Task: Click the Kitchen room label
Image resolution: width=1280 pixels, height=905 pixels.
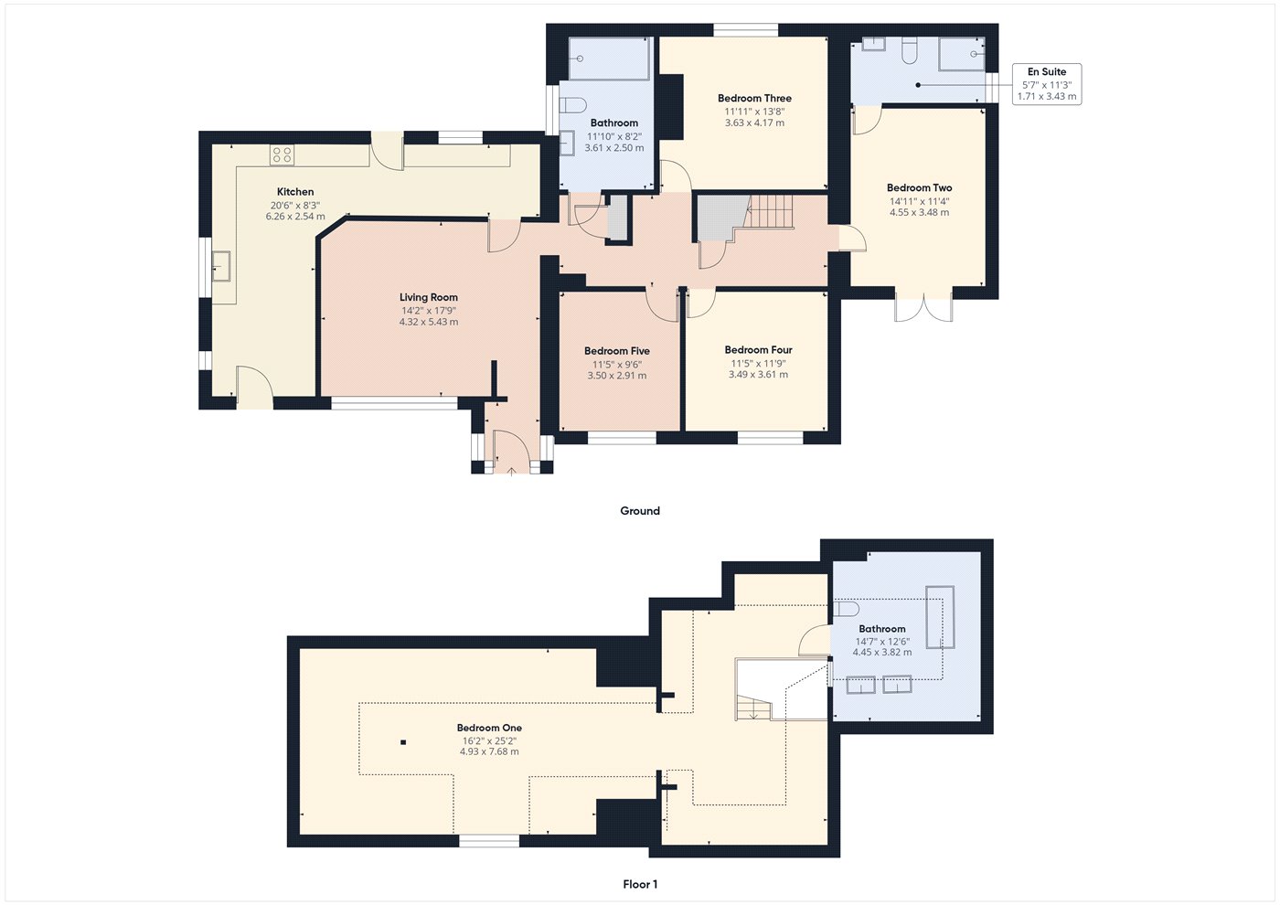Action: pos(295,192)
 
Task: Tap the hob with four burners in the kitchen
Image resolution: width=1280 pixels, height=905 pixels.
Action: pos(282,155)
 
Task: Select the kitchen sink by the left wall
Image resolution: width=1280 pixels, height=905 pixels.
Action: pos(221,266)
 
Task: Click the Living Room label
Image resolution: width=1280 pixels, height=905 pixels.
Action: pos(428,297)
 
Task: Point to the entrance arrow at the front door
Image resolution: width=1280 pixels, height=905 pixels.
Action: pos(511,470)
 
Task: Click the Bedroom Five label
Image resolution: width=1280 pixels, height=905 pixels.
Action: pos(617,351)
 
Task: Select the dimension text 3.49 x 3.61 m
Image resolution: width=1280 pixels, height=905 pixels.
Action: pos(758,375)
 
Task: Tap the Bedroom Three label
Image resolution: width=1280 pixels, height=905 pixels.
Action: pos(754,99)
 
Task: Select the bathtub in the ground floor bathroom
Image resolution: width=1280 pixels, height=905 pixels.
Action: pos(609,59)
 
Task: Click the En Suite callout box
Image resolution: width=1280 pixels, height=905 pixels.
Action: pos(1047,84)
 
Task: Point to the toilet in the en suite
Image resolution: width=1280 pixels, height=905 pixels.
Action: pos(909,51)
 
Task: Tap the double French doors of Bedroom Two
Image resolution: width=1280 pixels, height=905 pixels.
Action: pos(923,308)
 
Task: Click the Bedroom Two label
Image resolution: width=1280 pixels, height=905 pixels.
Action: pos(919,188)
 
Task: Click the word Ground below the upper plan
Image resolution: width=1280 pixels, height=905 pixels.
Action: pos(640,511)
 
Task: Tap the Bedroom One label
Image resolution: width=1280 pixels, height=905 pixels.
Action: pos(489,729)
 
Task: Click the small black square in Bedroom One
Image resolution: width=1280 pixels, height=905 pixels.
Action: pos(403,742)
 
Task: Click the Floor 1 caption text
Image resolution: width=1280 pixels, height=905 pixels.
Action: pos(640,884)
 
